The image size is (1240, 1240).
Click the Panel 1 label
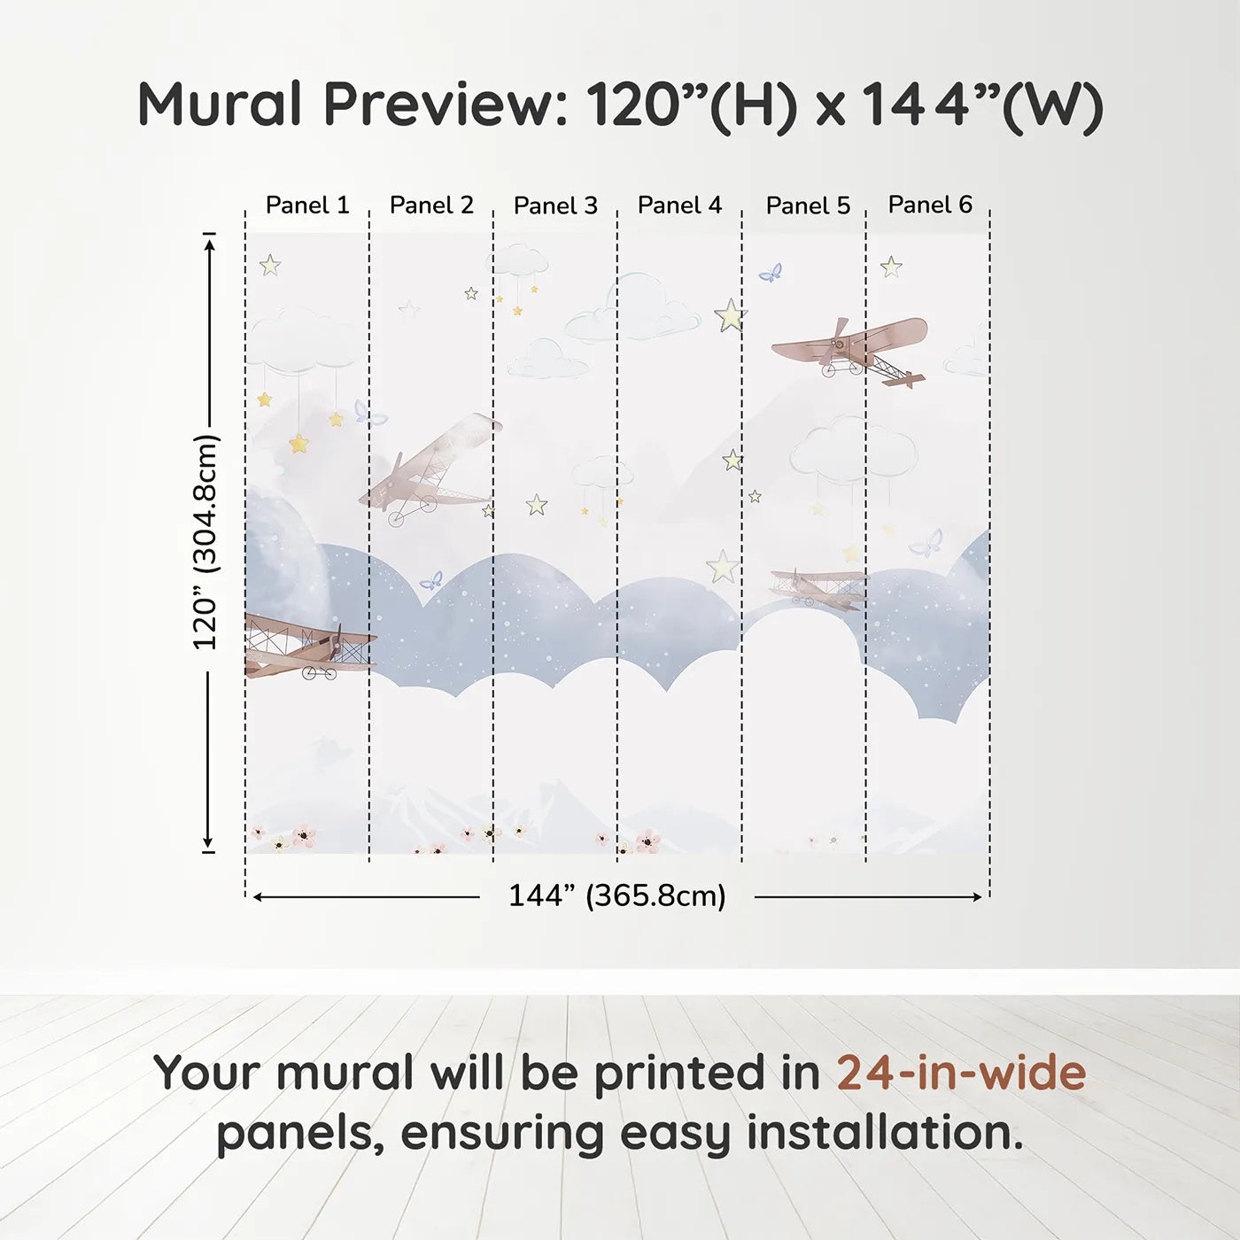(307, 205)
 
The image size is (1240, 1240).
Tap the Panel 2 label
(431, 205)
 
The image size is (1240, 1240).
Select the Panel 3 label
(556, 205)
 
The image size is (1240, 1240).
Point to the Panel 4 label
(680, 205)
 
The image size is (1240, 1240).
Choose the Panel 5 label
(809, 205)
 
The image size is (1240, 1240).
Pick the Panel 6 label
(931, 205)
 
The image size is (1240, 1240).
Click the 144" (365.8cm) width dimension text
(617, 895)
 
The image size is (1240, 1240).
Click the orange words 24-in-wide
(961, 1073)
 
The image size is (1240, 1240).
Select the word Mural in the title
(220, 105)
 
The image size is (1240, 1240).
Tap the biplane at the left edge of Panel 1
(310, 647)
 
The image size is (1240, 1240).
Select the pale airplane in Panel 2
(430, 469)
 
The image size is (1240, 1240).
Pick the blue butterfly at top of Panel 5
(771, 273)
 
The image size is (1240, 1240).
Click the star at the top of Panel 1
(269, 265)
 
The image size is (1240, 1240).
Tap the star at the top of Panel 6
(891, 267)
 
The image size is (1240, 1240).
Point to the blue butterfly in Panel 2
(431, 581)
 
